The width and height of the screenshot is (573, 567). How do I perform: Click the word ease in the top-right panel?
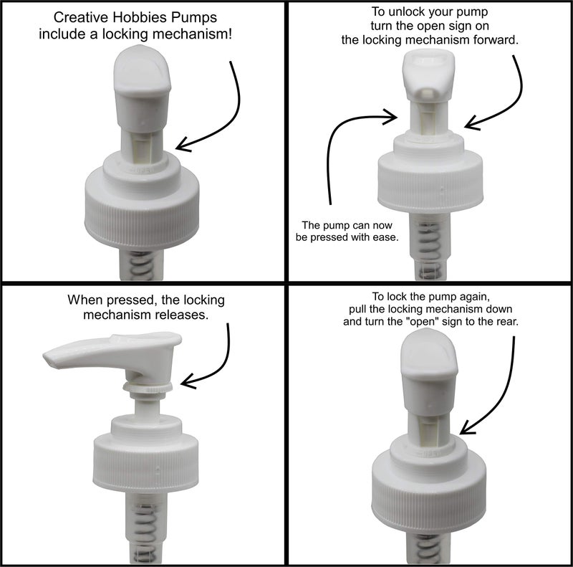(384, 237)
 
